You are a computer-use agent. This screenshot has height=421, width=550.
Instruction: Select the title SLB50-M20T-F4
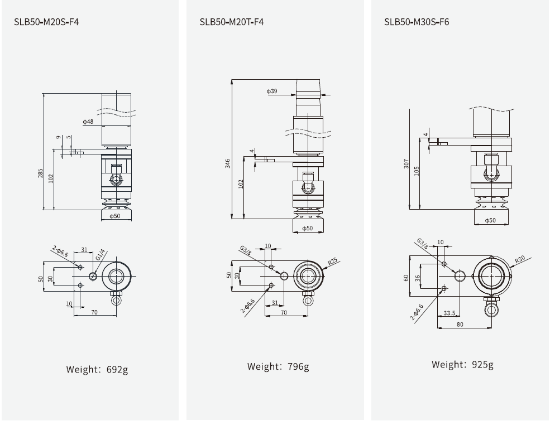click(231, 22)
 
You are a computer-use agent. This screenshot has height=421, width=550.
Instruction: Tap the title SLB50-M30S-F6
click(416, 22)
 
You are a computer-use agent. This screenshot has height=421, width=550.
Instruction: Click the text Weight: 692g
click(97, 369)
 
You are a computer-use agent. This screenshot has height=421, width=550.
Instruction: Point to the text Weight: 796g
click(278, 366)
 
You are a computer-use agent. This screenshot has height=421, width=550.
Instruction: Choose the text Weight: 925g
click(462, 365)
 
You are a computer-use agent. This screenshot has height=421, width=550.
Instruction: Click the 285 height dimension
click(40, 174)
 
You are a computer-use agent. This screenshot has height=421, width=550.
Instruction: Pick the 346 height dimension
click(228, 163)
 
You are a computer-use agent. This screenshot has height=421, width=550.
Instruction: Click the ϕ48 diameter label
click(88, 122)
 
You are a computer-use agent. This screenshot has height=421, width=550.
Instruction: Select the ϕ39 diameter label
click(272, 91)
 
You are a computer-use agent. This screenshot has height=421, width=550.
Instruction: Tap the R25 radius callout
click(333, 261)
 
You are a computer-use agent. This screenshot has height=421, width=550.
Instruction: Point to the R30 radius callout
click(519, 260)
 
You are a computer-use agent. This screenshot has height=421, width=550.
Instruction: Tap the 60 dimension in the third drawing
click(407, 277)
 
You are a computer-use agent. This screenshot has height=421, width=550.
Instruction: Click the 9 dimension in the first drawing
click(57, 137)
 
